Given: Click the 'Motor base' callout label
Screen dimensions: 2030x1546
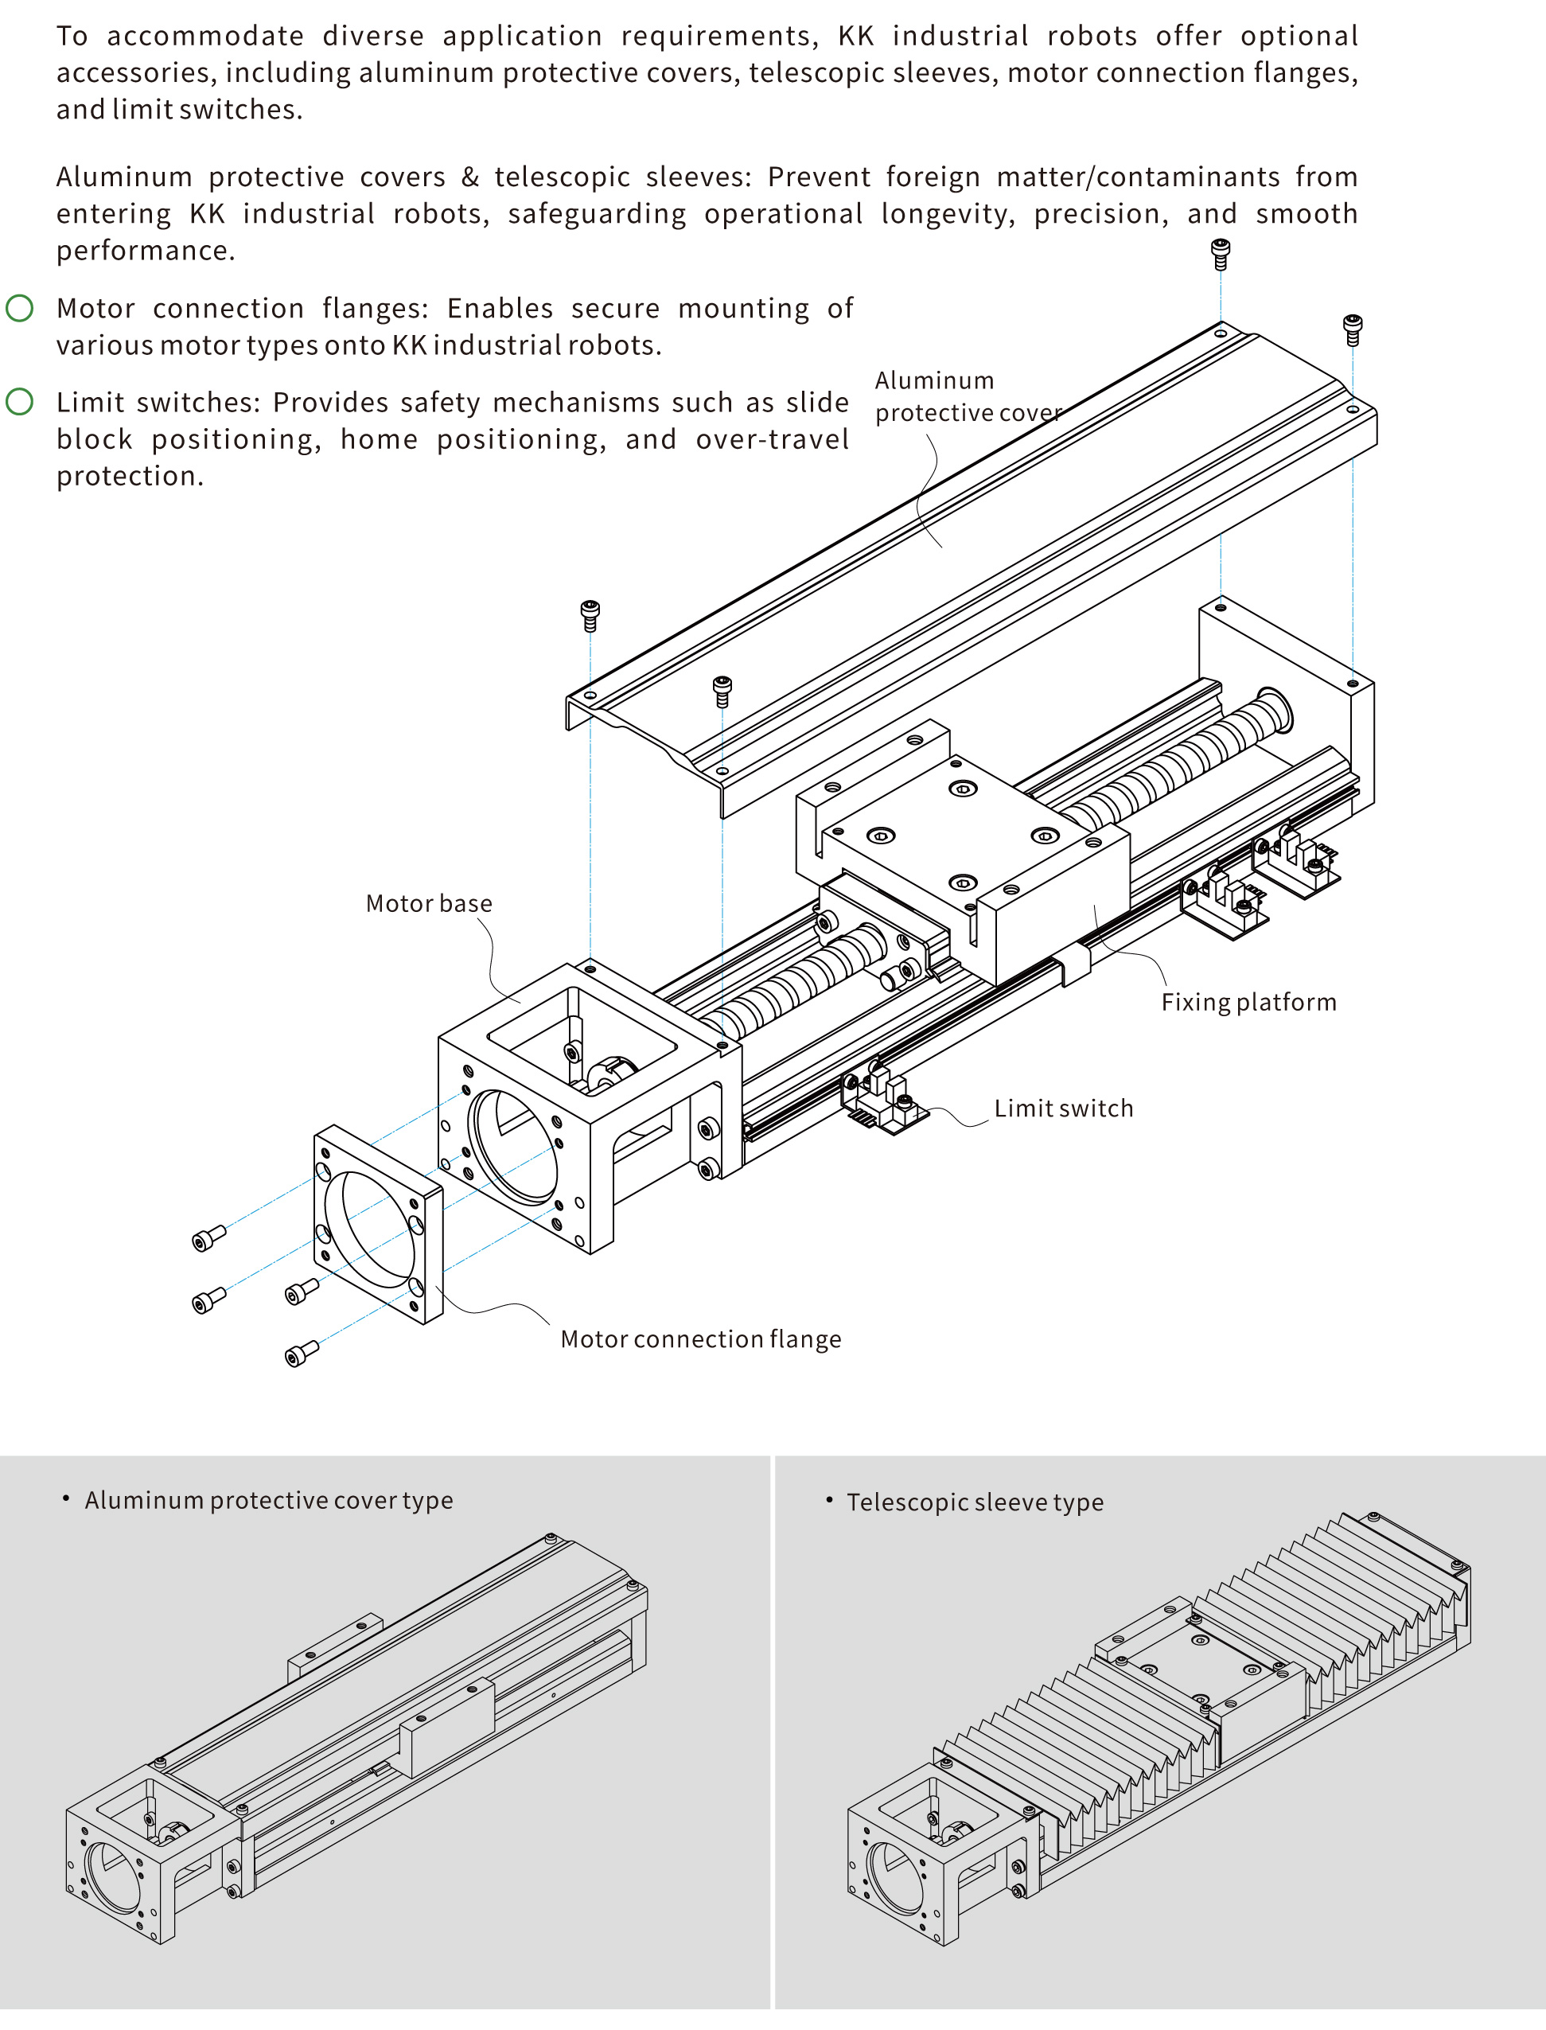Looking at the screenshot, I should click(x=429, y=904).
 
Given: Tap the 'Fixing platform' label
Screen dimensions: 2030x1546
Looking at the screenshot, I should click(x=1248, y=1002).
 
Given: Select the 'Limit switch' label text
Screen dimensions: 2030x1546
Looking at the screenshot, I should click(x=1063, y=1109).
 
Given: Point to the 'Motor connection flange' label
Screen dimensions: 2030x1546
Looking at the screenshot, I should click(x=700, y=1339).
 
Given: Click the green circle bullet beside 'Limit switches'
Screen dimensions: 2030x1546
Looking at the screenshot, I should click(x=19, y=402).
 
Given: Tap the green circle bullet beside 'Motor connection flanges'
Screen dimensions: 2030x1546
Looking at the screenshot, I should click(x=19, y=308).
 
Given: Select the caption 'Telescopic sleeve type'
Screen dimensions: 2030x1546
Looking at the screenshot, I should click(x=975, y=1502).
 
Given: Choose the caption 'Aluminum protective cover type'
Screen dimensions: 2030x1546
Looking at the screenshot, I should click(x=269, y=1501).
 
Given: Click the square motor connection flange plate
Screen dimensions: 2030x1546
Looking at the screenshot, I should click(x=378, y=1224).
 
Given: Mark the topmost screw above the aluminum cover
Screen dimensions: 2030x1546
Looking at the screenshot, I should click(x=1221, y=253).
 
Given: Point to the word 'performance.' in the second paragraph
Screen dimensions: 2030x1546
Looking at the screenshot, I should click(x=146, y=251).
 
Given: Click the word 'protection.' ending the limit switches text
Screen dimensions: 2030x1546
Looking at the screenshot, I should click(x=130, y=477).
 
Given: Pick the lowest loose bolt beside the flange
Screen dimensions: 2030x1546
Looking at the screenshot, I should click(x=301, y=1354).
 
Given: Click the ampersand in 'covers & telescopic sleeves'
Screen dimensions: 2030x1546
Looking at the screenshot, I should click(x=469, y=177).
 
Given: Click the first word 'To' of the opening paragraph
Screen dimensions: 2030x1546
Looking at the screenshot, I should click(x=72, y=36).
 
